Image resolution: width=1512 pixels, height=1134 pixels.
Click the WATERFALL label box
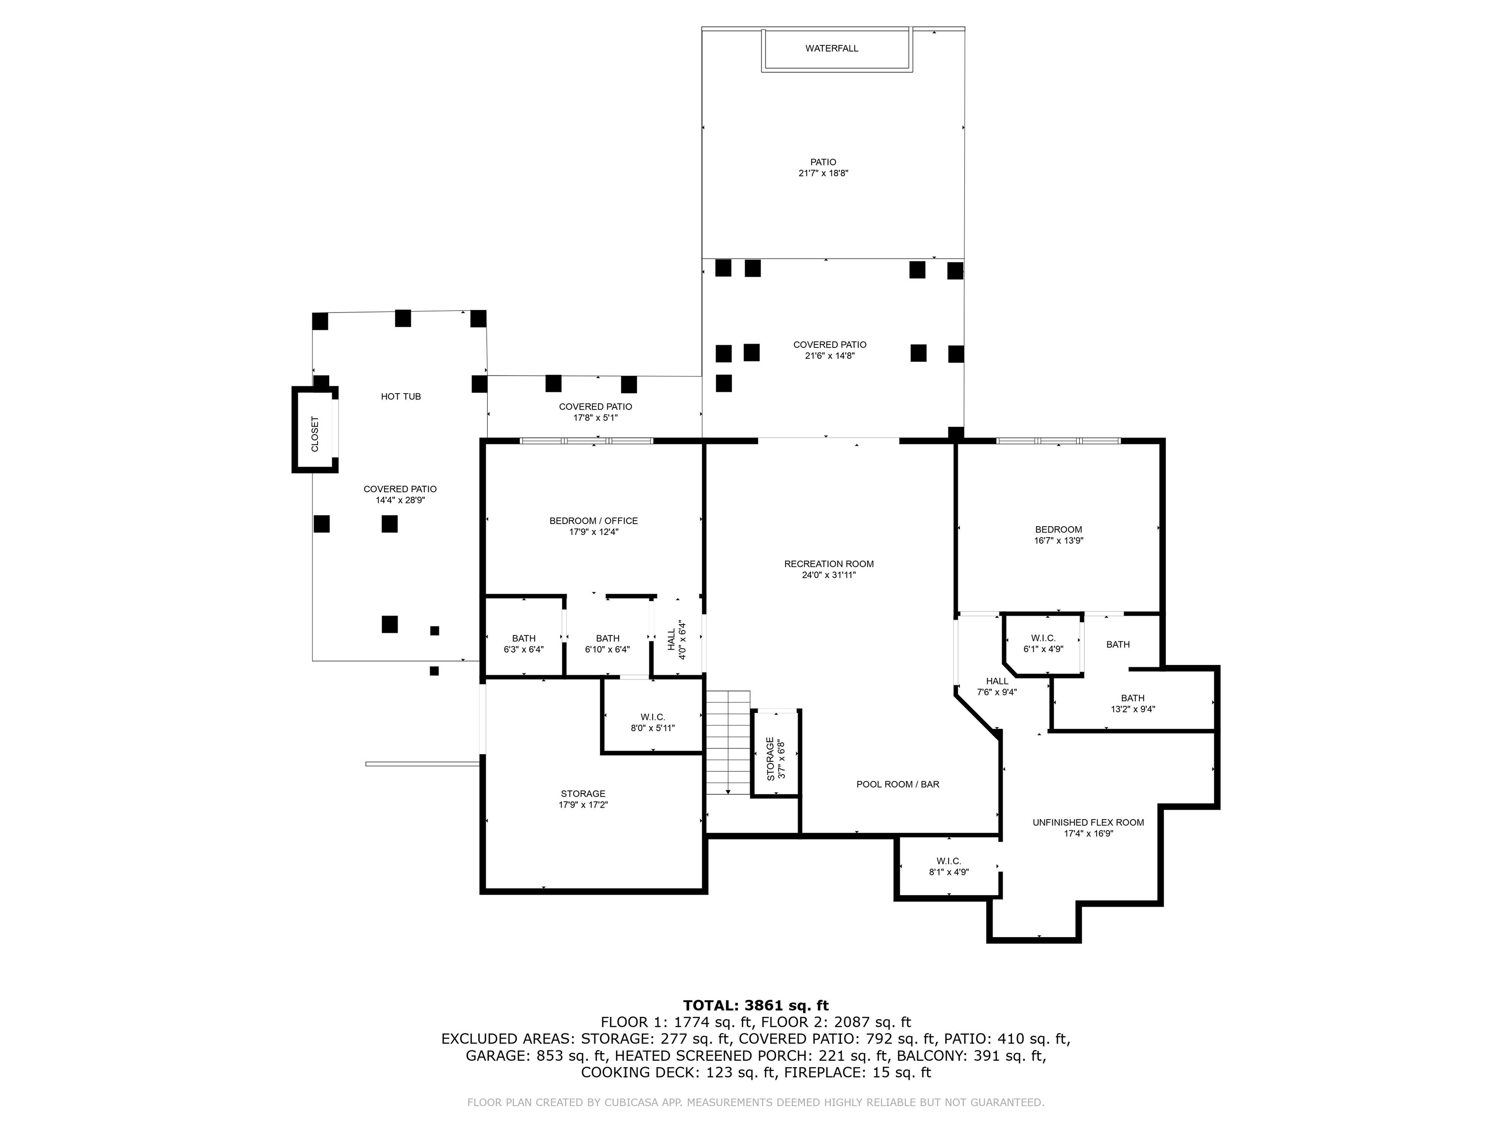[831, 49]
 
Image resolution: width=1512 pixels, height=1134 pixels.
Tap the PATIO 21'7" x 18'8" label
[823, 167]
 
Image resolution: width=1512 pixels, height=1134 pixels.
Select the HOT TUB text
[401, 396]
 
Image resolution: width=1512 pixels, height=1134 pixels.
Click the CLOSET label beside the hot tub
[315, 434]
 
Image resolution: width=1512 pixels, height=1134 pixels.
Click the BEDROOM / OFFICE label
[593, 526]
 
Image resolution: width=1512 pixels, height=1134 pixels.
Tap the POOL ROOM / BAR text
[897, 784]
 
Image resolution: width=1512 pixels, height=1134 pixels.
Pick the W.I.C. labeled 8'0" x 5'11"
[652, 723]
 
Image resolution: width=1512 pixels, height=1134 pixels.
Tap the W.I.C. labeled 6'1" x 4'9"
[1043, 643]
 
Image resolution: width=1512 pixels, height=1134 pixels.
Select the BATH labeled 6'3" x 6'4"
[524, 644]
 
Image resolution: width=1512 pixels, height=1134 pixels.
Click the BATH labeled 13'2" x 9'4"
[1132, 703]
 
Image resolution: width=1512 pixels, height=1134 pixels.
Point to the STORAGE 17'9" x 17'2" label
[582, 799]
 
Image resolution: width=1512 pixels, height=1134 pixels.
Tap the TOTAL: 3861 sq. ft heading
[756, 1006]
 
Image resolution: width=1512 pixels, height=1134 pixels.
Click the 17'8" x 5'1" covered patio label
[595, 412]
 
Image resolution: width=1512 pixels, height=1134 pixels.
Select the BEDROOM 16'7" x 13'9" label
[1058, 535]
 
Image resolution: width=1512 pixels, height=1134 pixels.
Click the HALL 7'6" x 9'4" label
[997, 686]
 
